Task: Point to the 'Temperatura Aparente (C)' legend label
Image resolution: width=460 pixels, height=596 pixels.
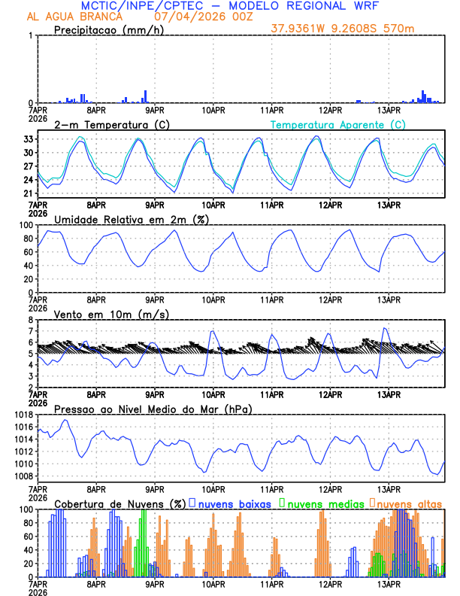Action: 337,124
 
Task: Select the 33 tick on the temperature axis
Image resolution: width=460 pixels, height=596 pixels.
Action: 26,139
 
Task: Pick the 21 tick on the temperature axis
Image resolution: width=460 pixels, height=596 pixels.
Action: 26,193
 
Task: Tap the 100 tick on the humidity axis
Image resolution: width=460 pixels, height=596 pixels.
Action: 23,225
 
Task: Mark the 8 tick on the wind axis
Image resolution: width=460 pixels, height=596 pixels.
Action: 29,320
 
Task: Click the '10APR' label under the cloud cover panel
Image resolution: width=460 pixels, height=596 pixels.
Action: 213,583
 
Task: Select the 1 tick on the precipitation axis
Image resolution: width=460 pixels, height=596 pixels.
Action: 29,36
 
